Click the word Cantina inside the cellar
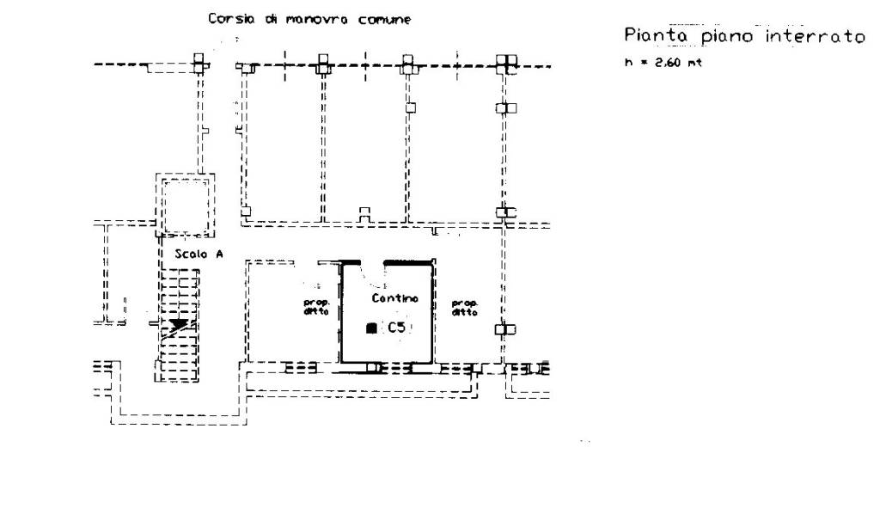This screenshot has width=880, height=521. pyautogui.click(x=394, y=298)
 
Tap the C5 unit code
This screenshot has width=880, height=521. pyautogui.click(x=396, y=328)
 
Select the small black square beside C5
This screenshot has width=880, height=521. pyautogui.click(x=371, y=328)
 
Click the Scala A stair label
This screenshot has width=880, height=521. pyautogui.click(x=193, y=254)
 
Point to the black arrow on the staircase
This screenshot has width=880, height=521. pyautogui.click(x=179, y=325)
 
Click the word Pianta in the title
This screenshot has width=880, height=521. pyautogui.click(x=651, y=37)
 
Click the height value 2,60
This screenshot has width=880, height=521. pyautogui.click(x=664, y=62)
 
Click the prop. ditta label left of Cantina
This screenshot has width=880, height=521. pyautogui.click(x=315, y=307)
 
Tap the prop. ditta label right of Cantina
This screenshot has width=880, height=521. pyautogui.click(x=465, y=307)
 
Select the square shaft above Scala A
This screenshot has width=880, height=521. pyautogui.click(x=185, y=205)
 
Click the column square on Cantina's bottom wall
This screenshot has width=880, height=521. pyautogui.click(x=372, y=368)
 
